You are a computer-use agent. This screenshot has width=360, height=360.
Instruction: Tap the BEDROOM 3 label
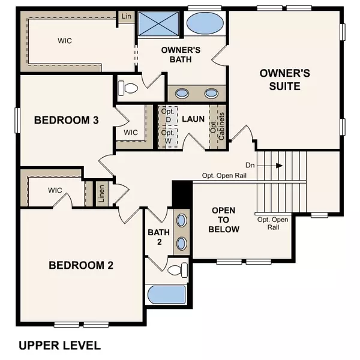click(66, 120)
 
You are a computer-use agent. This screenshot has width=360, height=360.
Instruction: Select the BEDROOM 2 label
click(81, 265)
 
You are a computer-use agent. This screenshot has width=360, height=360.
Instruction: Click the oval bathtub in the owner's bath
click(203, 24)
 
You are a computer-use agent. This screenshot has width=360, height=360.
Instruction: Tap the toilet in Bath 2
click(176, 269)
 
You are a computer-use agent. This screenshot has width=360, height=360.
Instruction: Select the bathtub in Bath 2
click(167, 295)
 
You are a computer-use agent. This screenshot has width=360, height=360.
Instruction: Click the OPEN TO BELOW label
click(225, 220)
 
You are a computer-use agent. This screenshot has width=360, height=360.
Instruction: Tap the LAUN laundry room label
click(193, 119)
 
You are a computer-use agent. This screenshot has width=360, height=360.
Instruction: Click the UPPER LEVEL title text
click(59, 345)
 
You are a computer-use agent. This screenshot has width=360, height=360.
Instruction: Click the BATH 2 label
click(155, 237)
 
